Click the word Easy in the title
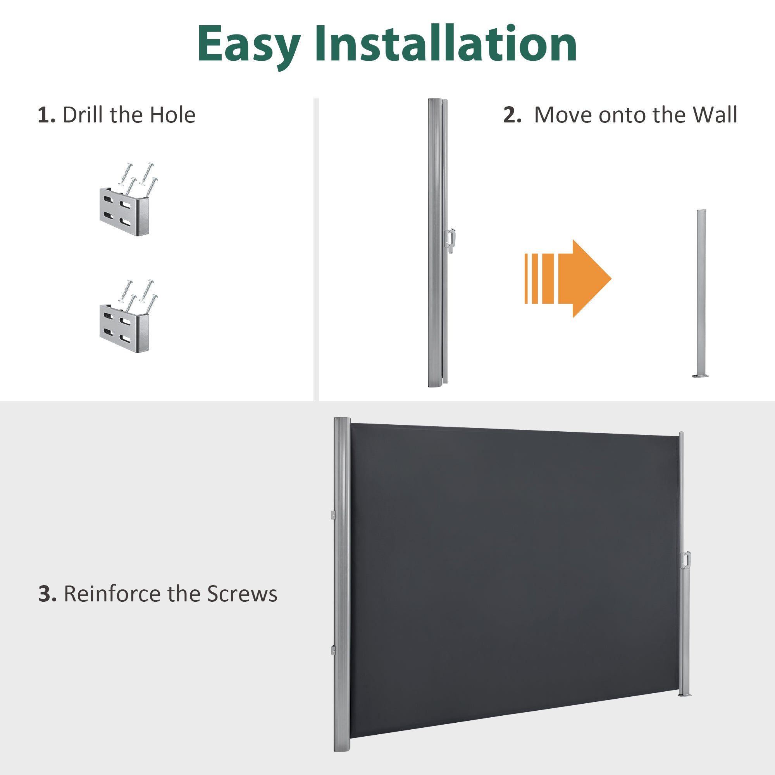249,45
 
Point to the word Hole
172,115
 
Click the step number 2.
512,115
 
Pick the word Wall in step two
715,115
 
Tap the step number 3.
47,594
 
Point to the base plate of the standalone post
700,376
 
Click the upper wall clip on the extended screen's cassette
333,515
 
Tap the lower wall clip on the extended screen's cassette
333,650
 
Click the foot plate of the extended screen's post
685,695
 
